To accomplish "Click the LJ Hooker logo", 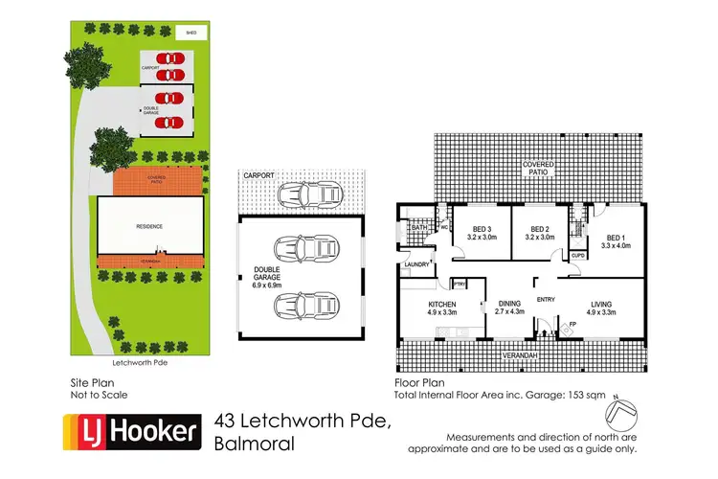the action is coord(130,433).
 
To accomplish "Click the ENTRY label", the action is coord(546,300).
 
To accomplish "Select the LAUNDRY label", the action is coord(415,264).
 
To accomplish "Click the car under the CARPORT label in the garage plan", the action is coord(303,194).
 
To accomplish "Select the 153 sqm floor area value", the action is coord(569,395).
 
